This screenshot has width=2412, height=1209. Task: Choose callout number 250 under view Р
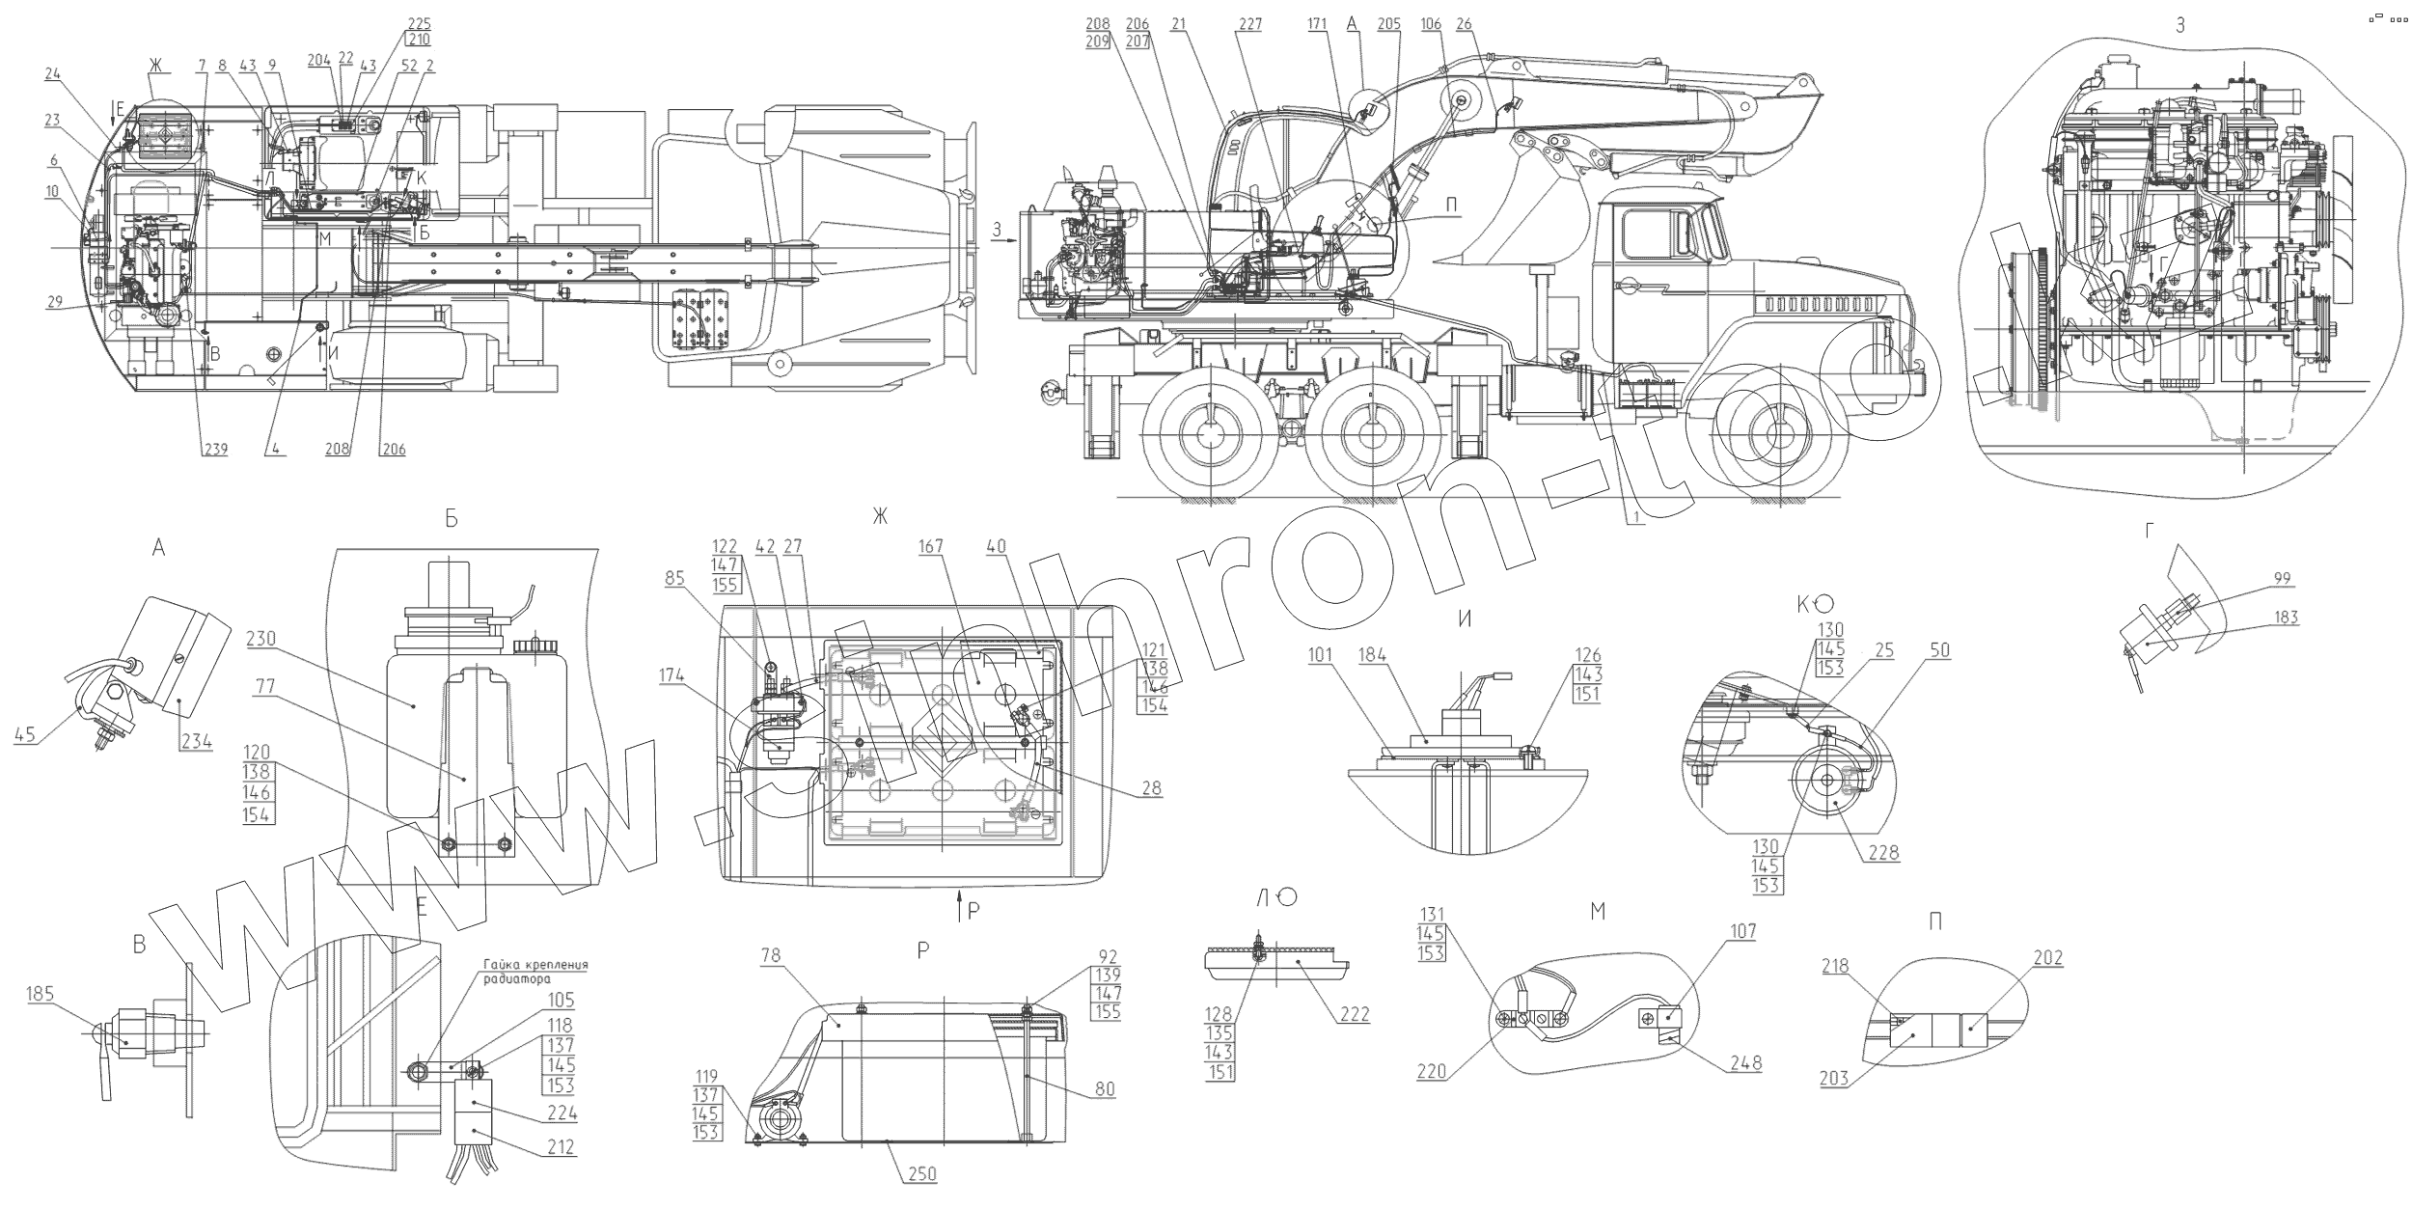[x=922, y=1173]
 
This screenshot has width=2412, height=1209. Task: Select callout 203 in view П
[x=1834, y=1078]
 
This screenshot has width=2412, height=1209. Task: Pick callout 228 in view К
[x=1882, y=852]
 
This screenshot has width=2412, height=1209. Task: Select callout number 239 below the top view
[x=213, y=449]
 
